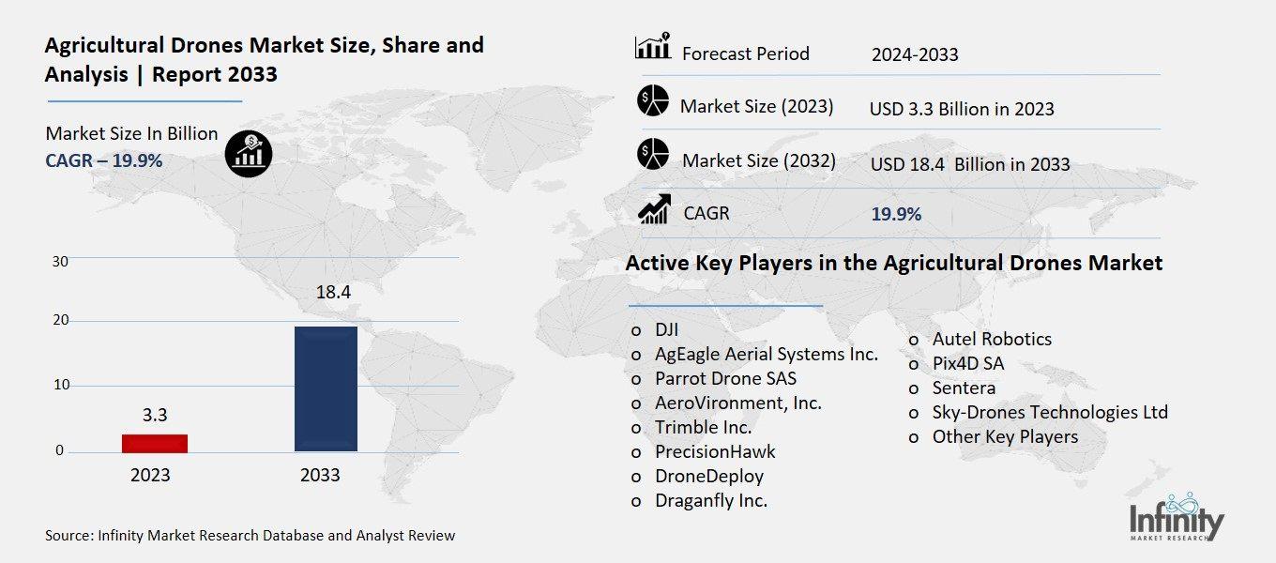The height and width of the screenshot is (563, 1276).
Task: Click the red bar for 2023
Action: pos(155,443)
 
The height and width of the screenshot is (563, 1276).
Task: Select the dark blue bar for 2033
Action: pos(326,388)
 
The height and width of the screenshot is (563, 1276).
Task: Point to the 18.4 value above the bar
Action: pos(333,293)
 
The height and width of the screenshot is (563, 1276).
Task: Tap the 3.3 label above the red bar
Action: pos(155,415)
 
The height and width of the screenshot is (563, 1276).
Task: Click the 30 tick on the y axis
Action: pos(60,261)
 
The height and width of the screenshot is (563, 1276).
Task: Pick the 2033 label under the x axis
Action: pos(320,476)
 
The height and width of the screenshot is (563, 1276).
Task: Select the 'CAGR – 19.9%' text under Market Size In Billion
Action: pos(104,160)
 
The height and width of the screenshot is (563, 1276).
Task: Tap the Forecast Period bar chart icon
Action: pos(652,46)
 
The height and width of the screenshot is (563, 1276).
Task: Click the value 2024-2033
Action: pos(915,54)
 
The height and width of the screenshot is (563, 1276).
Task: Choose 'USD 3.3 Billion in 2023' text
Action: pos(962,109)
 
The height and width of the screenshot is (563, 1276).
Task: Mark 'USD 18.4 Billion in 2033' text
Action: pos(970,164)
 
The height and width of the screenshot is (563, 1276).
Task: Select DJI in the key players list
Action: pos(666,329)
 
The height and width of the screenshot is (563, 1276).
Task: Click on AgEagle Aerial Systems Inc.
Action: pos(767,354)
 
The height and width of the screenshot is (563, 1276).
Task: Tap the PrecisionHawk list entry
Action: pos(715,451)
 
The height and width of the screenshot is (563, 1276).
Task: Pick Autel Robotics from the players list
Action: pos(992,339)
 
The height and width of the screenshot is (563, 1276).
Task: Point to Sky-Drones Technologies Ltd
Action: pos(1050,412)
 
